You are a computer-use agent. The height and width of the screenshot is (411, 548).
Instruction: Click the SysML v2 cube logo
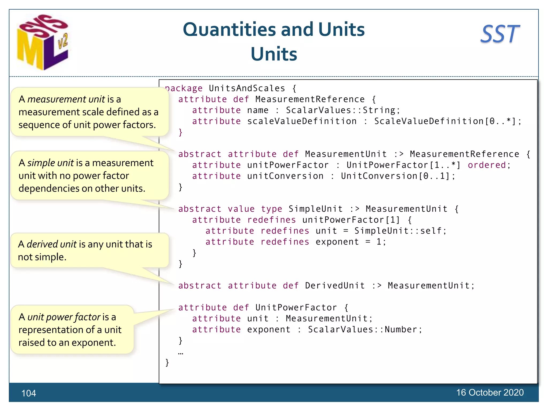[x=43, y=42]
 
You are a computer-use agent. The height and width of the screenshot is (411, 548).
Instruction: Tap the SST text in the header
[x=500, y=34]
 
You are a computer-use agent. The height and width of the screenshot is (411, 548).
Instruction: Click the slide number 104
[x=29, y=393]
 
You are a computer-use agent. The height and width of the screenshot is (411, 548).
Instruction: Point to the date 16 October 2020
[x=490, y=392]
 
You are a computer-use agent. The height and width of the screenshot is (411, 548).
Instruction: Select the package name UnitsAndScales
[x=247, y=88]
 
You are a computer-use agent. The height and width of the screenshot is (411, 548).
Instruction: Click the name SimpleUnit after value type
[x=315, y=209]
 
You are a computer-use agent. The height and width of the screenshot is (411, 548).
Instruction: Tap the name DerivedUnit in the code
[x=335, y=286]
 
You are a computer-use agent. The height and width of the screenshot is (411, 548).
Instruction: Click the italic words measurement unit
[x=66, y=99]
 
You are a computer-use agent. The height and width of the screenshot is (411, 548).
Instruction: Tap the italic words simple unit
[x=50, y=163]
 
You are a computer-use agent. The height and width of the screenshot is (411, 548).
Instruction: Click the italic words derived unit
[x=52, y=244]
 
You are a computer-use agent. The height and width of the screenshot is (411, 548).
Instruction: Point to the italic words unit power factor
[x=64, y=317]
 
